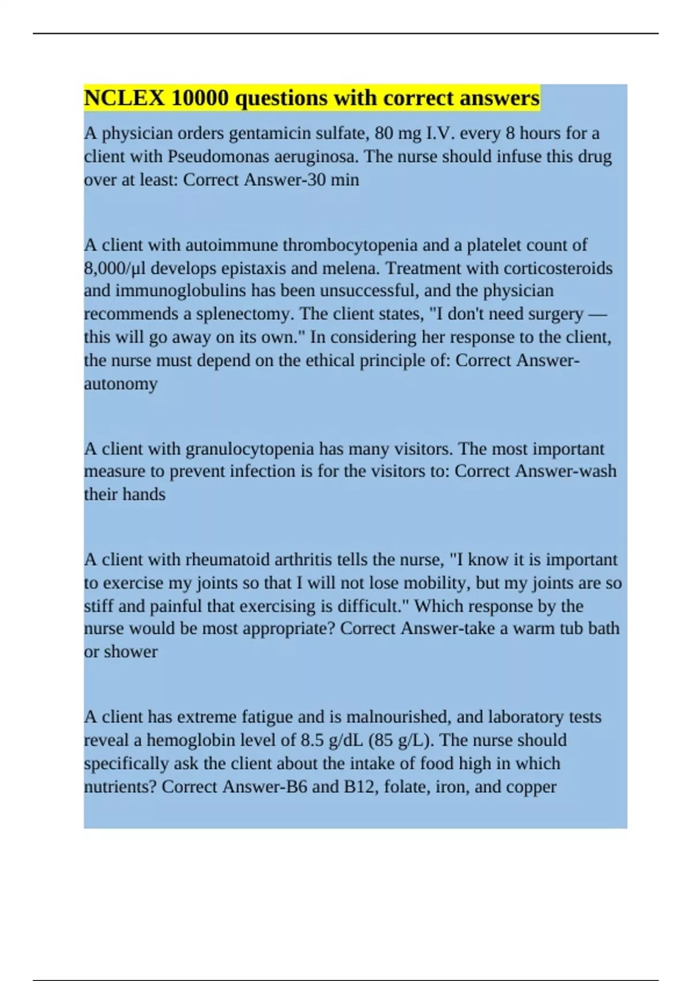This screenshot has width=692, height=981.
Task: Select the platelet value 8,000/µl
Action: (x=115, y=268)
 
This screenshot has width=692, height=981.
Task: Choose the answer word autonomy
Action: (x=121, y=384)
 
